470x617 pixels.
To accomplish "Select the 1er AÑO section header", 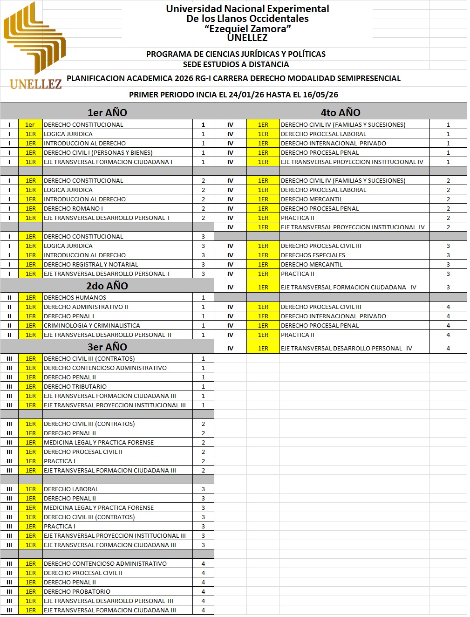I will point(107,112).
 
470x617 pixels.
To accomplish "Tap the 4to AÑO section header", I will point(340,112).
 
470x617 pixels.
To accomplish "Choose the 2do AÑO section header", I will point(107,286).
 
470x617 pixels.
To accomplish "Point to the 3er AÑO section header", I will point(107,347).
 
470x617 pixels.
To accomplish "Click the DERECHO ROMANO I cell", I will point(74,209).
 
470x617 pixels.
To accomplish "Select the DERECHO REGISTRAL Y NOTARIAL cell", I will point(91,265).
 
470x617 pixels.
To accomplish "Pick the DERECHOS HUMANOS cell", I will point(75,298).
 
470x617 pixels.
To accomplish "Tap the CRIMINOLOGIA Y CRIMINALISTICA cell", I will point(92,326).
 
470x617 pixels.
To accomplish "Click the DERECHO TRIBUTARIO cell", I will point(75,387).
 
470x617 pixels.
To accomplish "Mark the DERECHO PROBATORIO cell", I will point(77,592).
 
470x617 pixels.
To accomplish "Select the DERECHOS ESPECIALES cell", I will point(313,255).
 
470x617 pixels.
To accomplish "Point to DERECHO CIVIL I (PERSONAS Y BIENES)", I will point(98,153).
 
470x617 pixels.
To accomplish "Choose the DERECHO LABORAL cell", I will point(71,489).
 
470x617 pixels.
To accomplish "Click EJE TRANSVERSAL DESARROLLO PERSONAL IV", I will point(346,349).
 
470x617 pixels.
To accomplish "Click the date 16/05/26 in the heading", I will point(320,95).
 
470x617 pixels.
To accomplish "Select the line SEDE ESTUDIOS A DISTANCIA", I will point(236,64).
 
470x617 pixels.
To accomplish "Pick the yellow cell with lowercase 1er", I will point(30,125).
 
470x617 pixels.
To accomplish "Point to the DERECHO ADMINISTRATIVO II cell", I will point(86,307).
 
